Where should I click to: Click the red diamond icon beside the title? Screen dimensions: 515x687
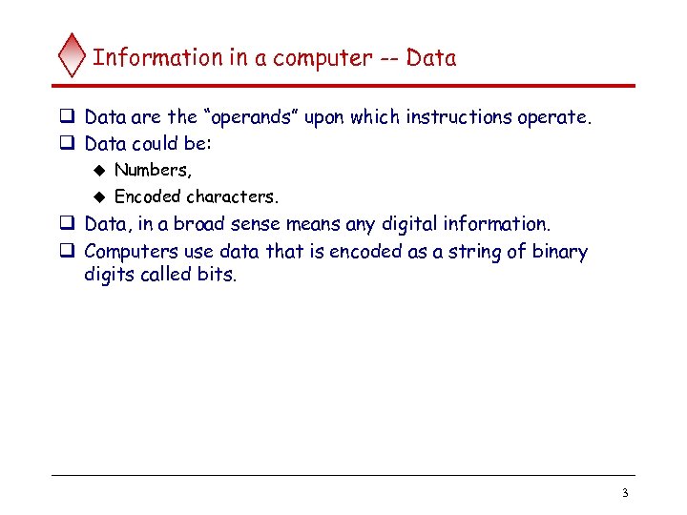[x=72, y=56]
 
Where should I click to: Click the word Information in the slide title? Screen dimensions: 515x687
[x=157, y=57]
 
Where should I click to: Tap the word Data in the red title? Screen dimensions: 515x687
[x=431, y=57]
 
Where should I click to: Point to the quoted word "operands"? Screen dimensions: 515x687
[x=250, y=118]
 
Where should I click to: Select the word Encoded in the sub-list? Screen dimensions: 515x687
[x=148, y=197]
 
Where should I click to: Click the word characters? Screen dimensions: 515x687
[x=233, y=197]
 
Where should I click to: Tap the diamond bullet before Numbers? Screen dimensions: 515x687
[x=97, y=171]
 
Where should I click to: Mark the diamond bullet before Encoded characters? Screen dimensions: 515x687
[x=97, y=197]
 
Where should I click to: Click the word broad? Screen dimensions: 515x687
[x=201, y=224]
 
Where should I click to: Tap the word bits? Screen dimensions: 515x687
[x=217, y=278]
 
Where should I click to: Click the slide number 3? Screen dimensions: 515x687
[x=624, y=493]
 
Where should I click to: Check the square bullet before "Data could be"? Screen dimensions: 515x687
[x=68, y=145]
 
